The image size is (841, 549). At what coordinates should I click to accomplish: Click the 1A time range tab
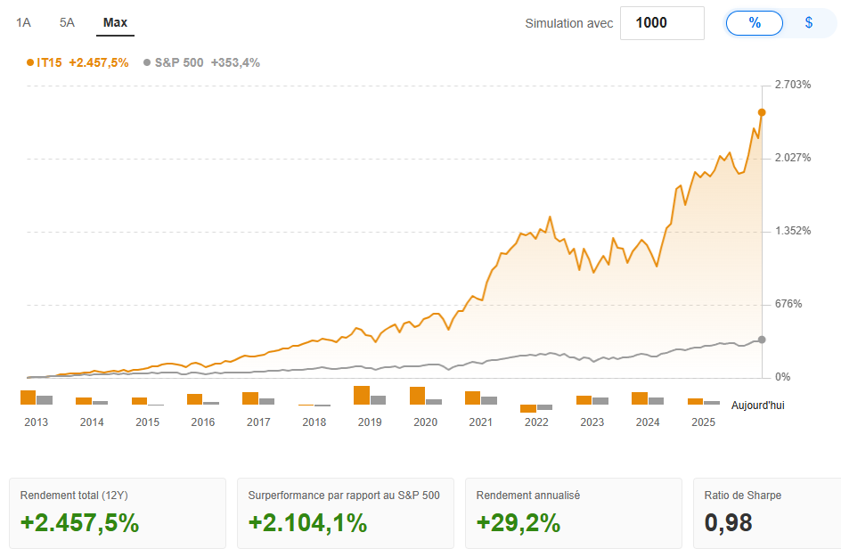[23, 22]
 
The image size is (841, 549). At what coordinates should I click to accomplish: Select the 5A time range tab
[67, 22]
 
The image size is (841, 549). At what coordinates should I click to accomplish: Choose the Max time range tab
[115, 22]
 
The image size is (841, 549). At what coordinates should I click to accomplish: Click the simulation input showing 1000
[661, 23]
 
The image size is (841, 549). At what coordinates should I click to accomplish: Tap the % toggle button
[755, 23]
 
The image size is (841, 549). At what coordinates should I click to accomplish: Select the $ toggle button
[809, 23]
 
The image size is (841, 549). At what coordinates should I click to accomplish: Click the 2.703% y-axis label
[793, 85]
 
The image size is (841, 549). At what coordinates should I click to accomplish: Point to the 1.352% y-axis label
[793, 231]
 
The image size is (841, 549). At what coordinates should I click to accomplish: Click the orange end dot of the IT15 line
[762, 112]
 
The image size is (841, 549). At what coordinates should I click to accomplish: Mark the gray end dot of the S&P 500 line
[762, 340]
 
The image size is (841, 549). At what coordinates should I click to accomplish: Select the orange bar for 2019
[361, 396]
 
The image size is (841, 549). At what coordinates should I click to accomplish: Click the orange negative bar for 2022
[528, 408]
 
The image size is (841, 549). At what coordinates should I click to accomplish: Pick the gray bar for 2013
[45, 400]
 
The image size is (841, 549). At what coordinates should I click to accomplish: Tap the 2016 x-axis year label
[203, 422]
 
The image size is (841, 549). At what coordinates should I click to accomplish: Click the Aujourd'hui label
[757, 406]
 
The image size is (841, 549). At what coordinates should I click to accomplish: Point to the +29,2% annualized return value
[518, 522]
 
